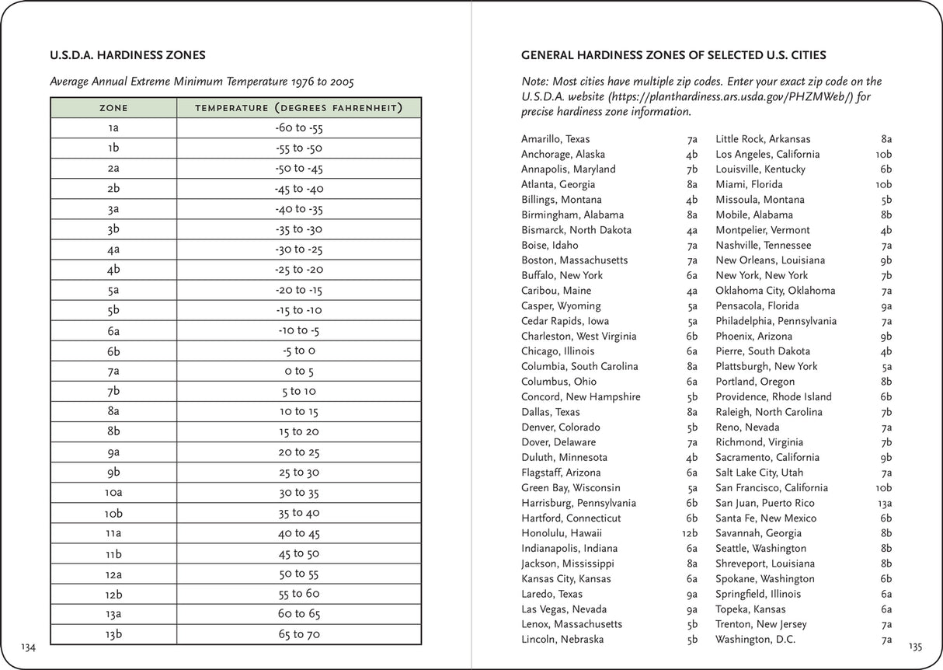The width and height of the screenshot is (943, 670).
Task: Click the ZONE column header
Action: click(113, 107)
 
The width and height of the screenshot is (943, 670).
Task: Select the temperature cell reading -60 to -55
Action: click(299, 128)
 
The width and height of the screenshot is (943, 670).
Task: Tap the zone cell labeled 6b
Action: click(113, 351)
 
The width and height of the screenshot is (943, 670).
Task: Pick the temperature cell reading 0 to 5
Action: click(299, 371)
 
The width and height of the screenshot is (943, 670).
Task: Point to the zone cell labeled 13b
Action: click(113, 633)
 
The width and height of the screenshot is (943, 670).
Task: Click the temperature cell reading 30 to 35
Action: click(299, 492)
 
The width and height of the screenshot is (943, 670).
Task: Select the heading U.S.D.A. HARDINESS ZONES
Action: click(127, 56)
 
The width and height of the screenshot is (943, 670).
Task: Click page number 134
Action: click(29, 647)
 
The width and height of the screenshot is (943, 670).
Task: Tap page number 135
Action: click(914, 647)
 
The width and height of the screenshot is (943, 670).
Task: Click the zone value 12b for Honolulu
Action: click(689, 533)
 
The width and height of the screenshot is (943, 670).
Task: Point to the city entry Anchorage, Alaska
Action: click(563, 154)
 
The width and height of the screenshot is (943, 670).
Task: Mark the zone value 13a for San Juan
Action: click(884, 503)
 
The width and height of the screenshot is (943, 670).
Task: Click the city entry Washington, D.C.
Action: click(756, 640)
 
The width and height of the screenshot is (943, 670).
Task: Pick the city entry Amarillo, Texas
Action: click(555, 139)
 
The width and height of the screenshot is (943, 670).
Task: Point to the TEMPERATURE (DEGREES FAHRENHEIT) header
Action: click(299, 107)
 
